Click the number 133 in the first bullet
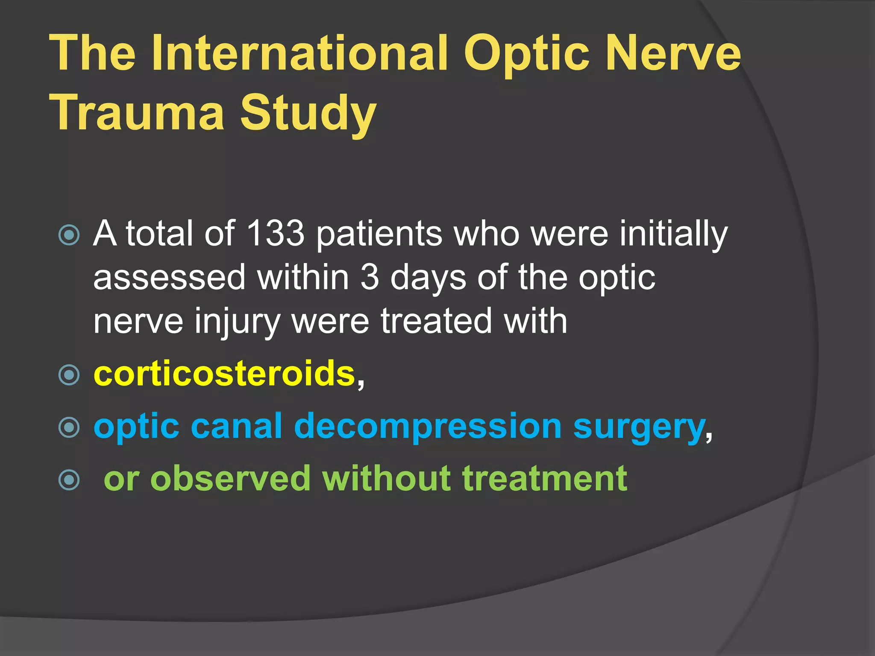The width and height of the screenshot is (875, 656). tap(276, 234)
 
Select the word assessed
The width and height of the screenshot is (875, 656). tap(169, 278)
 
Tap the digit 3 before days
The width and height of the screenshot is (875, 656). tap(370, 278)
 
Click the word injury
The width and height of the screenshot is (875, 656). tap(237, 321)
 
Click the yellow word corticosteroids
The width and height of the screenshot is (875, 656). tap(224, 374)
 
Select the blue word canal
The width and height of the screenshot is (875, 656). tap(236, 426)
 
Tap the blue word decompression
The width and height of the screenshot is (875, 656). tap(428, 426)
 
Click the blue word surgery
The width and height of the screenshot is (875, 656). tap(639, 426)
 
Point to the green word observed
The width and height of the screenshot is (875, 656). tap(230, 479)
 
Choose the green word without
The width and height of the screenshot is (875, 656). tap(386, 479)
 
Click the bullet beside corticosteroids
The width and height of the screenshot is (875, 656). tap(69, 375)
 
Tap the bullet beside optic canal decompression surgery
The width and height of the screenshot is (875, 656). tap(69, 428)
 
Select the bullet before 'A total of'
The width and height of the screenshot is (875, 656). tap(69, 235)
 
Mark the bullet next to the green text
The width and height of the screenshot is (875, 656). tap(69, 480)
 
